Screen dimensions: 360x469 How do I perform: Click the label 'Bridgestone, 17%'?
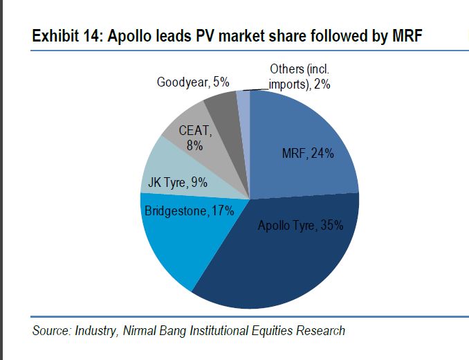(x=188, y=210)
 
